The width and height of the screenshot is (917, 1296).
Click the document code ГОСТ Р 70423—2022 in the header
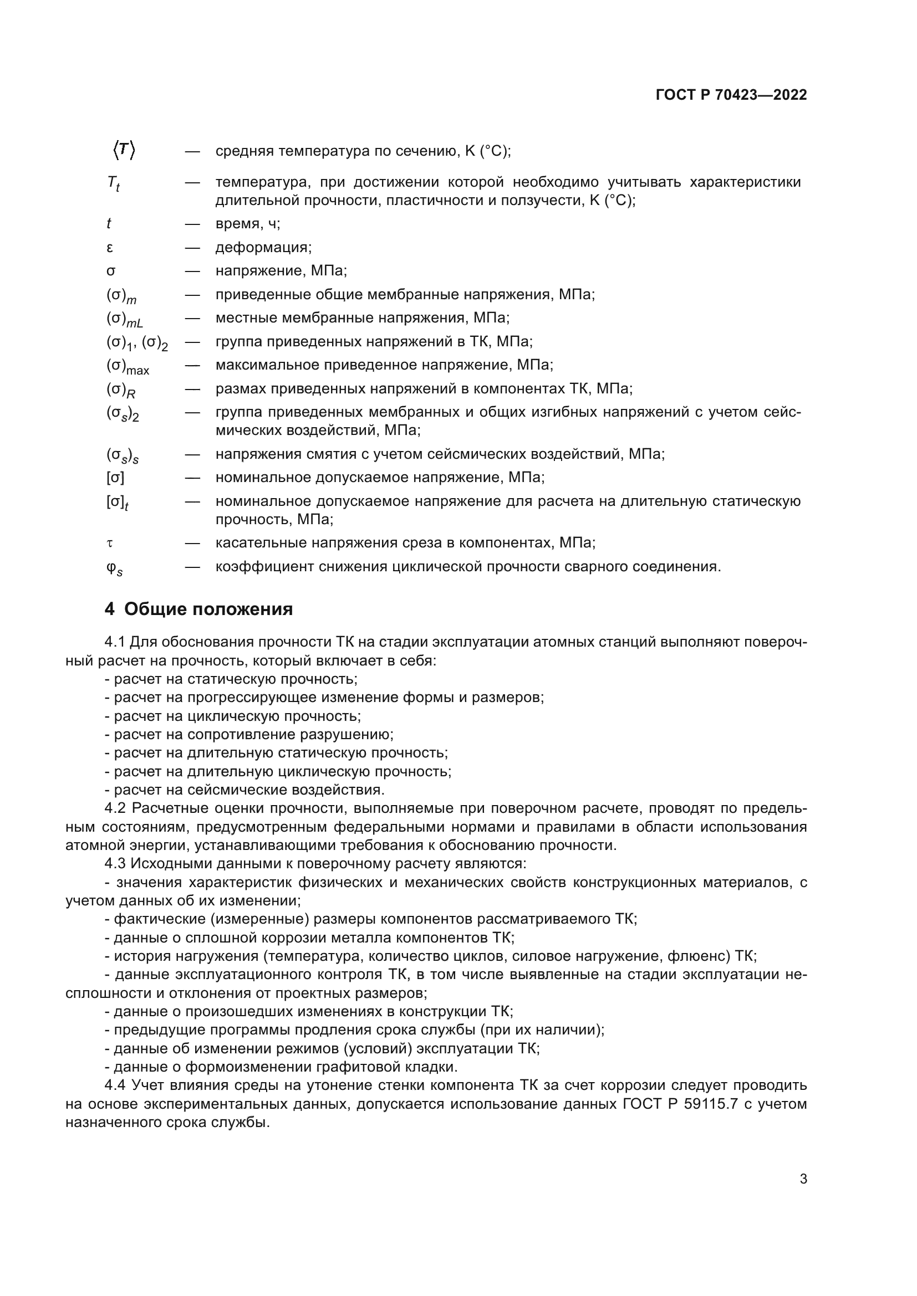tap(731, 95)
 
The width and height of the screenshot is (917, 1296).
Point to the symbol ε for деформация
tap(110, 247)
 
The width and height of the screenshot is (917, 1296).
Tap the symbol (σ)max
tap(127, 366)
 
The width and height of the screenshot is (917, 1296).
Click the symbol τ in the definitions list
tap(110, 543)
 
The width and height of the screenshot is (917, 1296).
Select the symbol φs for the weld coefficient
tap(114, 568)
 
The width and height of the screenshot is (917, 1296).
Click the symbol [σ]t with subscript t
tap(117, 503)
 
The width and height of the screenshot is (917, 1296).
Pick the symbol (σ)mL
tap(124, 320)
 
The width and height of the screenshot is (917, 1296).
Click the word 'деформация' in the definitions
tap(263, 247)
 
